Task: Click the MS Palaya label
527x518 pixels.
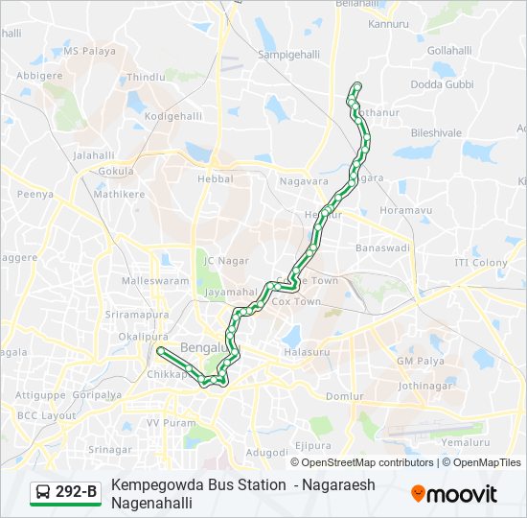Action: click(x=89, y=51)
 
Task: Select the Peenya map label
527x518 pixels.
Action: click(x=34, y=194)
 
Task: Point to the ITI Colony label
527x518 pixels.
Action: click(x=481, y=262)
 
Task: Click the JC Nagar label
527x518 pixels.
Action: click(x=225, y=260)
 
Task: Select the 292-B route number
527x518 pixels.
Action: click(x=77, y=493)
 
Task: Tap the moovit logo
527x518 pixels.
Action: click(x=454, y=494)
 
